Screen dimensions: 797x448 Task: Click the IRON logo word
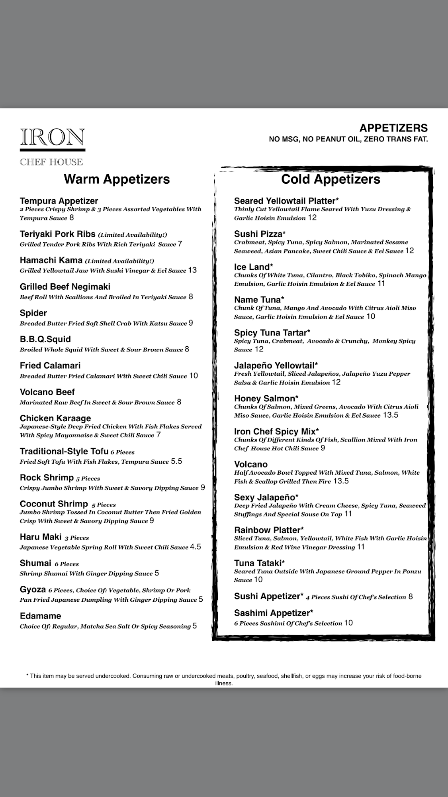point(52,137)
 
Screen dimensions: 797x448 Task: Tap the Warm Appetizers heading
point(117,179)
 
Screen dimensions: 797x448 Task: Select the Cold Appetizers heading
point(331,179)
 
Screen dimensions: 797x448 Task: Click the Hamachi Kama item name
point(51,261)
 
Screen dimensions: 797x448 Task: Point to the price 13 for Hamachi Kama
point(192,270)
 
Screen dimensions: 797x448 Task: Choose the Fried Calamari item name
point(50,366)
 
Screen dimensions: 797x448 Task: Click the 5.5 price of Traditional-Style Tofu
point(176,461)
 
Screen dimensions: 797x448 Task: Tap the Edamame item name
point(41,616)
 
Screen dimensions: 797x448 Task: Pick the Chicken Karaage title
point(55,418)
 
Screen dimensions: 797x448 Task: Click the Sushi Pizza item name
point(260,234)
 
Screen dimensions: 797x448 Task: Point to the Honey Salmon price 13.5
point(391,415)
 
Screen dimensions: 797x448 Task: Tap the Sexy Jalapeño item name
point(266,497)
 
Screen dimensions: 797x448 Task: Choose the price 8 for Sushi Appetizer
point(411,597)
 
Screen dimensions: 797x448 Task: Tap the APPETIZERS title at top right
point(393,128)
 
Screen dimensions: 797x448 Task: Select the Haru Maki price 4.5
point(196,547)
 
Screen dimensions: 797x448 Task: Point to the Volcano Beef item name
point(47,392)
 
